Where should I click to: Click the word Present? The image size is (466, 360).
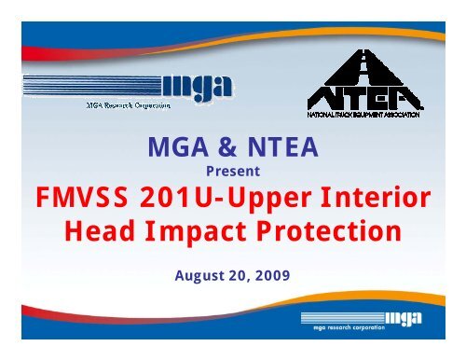232,172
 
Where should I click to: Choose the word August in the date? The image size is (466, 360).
199,276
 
